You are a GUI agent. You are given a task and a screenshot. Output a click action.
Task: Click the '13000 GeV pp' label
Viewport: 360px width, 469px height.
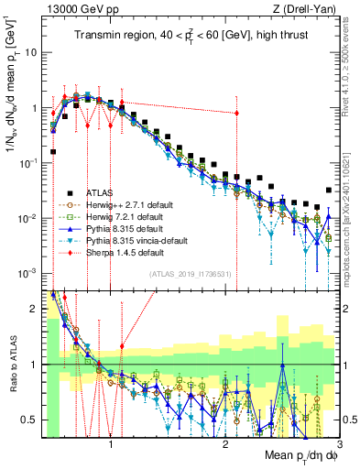(84, 9)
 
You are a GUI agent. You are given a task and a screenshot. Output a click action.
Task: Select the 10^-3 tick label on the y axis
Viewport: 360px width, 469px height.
(30, 274)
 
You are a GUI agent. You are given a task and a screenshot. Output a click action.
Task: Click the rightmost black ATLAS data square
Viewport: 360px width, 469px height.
(329, 191)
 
